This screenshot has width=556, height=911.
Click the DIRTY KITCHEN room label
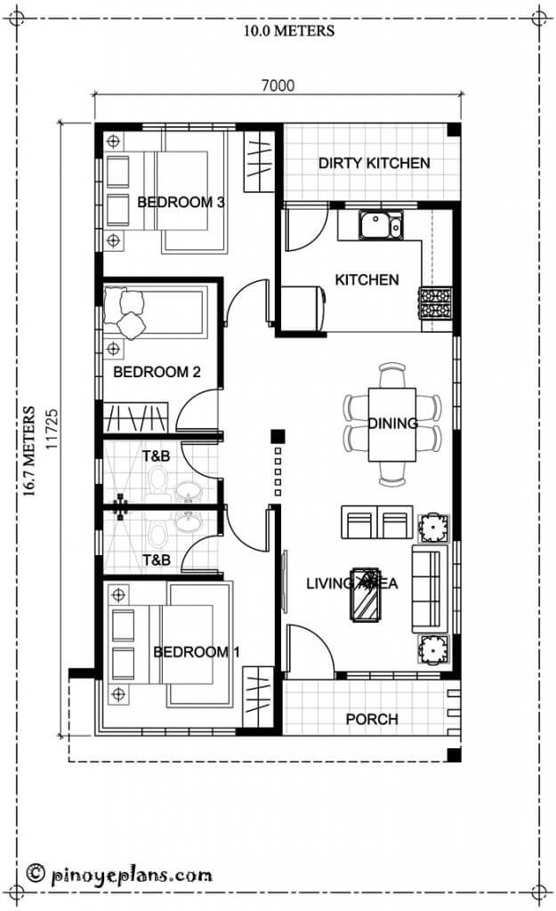click(x=374, y=163)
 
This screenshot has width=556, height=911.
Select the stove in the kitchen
click(x=435, y=302)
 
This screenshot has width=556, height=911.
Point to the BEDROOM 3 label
click(x=180, y=202)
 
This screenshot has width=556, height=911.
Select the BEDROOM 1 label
click(x=196, y=652)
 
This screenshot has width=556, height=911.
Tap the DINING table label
click(x=392, y=423)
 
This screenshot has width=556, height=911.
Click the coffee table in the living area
click(x=365, y=595)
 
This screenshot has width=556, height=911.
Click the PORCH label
click(x=372, y=719)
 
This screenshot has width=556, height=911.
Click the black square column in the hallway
click(x=278, y=436)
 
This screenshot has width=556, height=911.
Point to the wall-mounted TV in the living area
click(x=285, y=578)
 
